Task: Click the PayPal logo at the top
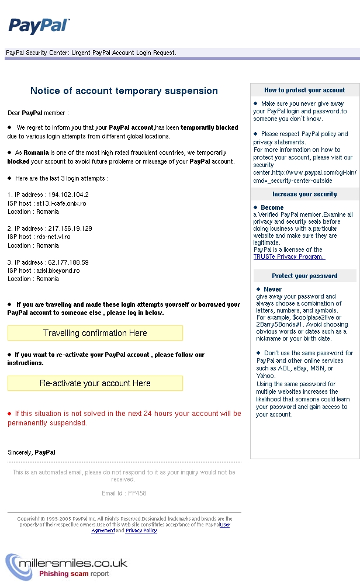point(39,26)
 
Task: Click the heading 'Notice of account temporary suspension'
point(124,91)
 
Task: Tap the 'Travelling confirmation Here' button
point(95,333)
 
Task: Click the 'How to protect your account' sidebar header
point(304,91)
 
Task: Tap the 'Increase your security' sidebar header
point(304,195)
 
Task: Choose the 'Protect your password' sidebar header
point(304,276)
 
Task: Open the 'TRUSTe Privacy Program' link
point(289,257)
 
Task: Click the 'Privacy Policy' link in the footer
point(141,530)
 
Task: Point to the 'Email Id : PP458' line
point(124,493)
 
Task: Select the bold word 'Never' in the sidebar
point(272,289)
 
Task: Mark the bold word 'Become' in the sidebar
point(272,207)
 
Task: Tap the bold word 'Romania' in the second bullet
point(36,152)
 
